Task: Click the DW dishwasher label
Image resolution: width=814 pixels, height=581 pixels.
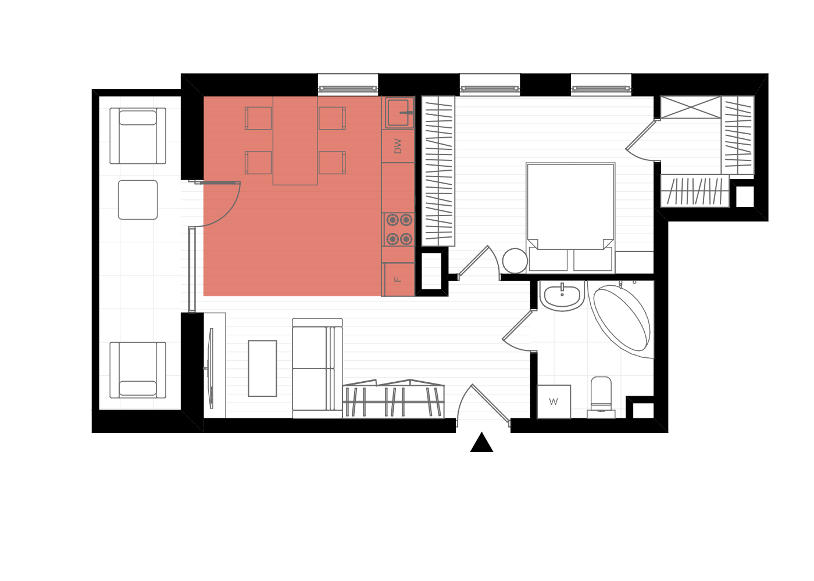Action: [x=398, y=146]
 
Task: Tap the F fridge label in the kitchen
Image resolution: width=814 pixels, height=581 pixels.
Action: [x=398, y=279]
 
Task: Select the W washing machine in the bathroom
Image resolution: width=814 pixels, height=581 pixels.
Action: [x=554, y=401]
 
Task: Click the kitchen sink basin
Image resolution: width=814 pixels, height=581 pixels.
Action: [x=398, y=113]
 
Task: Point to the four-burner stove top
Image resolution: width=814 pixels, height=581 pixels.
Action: [x=399, y=229]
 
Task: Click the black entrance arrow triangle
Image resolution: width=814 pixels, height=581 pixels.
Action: [x=481, y=442]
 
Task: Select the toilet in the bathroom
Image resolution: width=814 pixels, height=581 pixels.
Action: [x=601, y=397]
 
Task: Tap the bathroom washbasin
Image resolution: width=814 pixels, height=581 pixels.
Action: [x=562, y=296]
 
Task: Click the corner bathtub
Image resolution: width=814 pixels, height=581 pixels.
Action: [x=622, y=319]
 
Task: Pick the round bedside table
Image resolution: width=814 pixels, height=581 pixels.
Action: [x=515, y=261]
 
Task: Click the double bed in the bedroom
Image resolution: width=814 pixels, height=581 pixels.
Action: [x=570, y=217]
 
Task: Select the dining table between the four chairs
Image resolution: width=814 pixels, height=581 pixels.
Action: [x=295, y=141]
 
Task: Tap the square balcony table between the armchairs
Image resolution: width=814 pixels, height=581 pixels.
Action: [x=138, y=200]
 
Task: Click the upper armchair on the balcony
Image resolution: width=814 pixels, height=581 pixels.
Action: [x=138, y=136]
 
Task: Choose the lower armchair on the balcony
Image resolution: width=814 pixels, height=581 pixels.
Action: [x=138, y=370]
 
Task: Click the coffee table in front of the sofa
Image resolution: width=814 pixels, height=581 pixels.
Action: [x=262, y=368]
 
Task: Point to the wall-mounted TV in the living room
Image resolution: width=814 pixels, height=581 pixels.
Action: [x=210, y=368]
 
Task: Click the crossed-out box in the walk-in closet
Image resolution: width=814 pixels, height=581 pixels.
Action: [x=691, y=107]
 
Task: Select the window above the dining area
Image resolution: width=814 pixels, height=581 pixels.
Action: [x=348, y=88]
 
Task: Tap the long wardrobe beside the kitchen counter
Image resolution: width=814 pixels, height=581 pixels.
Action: [x=438, y=171]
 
